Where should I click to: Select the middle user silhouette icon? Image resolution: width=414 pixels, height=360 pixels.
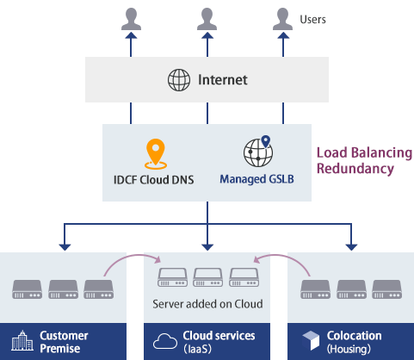pyautogui.click(x=206, y=18)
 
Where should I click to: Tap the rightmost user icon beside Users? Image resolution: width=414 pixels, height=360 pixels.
pyautogui.click(x=282, y=18)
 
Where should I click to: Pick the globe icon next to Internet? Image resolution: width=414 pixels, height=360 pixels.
pyautogui.click(x=178, y=81)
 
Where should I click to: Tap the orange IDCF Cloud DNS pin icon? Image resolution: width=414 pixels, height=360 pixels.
pyautogui.click(x=155, y=153)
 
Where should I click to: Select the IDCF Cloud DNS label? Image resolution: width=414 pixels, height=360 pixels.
pyautogui.click(x=155, y=181)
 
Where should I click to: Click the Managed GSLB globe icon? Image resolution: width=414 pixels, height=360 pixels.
pyautogui.click(x=257, y=152)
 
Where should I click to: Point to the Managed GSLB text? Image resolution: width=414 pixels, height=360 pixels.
pyautogui.click(x=256, y=181)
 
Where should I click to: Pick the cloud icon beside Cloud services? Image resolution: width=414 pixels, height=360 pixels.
pyautogui.click(x=163, y=342)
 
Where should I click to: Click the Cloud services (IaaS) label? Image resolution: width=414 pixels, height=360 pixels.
pyautogui.click(x=219, y=341)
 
